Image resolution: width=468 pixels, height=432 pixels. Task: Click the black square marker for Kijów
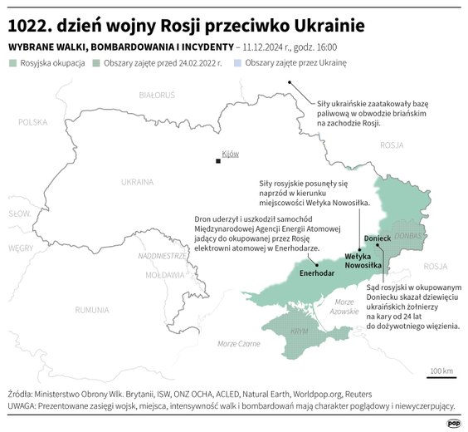218,160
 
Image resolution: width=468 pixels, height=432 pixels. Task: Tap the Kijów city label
230,154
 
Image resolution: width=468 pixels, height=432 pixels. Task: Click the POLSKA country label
34,122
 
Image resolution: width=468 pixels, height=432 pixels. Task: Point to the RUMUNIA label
91,310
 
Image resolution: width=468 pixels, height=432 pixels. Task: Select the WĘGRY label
21,248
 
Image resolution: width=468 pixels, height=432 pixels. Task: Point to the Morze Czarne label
238,343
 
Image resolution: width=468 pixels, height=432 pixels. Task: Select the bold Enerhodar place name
317,272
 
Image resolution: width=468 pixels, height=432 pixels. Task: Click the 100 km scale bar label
441,370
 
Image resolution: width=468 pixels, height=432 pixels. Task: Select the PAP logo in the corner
453,422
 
